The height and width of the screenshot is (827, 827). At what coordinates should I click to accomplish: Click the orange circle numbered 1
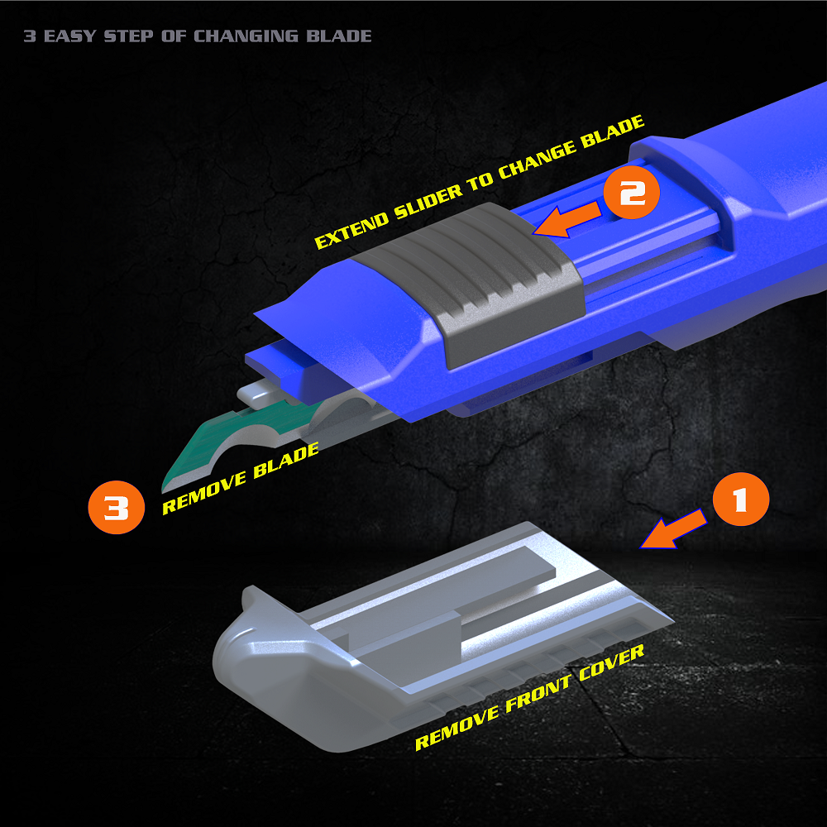coord(740,499)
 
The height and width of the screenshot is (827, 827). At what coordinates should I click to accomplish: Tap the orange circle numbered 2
coord(631,193)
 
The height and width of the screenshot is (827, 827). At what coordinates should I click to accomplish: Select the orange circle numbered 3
coord(116,508)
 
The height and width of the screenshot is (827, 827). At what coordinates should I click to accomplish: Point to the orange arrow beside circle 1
coord(673,529)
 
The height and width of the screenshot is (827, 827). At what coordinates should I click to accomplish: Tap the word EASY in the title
coord(69,36)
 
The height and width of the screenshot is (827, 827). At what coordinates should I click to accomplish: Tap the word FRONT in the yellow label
coord(538,694)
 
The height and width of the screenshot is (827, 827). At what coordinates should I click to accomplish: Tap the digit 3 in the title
coord(30,36)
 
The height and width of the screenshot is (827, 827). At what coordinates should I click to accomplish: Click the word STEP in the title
coord(129,36)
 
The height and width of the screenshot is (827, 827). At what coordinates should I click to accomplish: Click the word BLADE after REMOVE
coord(286,461)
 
